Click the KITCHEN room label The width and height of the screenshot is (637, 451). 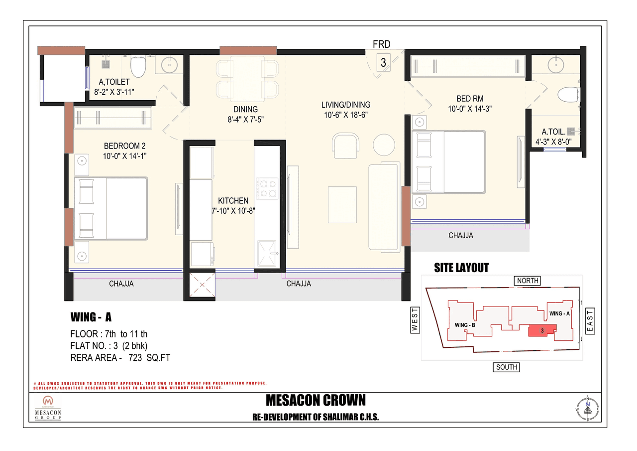(x=229, y=200)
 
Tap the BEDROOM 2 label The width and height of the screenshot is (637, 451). (x=124, y=146)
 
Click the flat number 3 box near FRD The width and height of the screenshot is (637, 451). (x=383, y=63)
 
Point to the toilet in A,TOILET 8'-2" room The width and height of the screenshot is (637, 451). (x=138, y=66)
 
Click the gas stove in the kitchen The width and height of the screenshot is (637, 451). (x=266, y=189)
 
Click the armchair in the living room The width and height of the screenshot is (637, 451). (x=345, y=145)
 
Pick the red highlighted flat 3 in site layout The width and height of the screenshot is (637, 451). (x=541, y=331)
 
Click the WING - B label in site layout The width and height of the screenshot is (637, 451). (x=465, y=325)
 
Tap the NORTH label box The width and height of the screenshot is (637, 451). (x=528, y=281)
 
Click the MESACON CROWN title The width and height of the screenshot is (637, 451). (x=316, y=400)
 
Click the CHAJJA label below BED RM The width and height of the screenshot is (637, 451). (x=460, y=235)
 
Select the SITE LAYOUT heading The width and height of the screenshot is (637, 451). (x=461, y=268)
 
